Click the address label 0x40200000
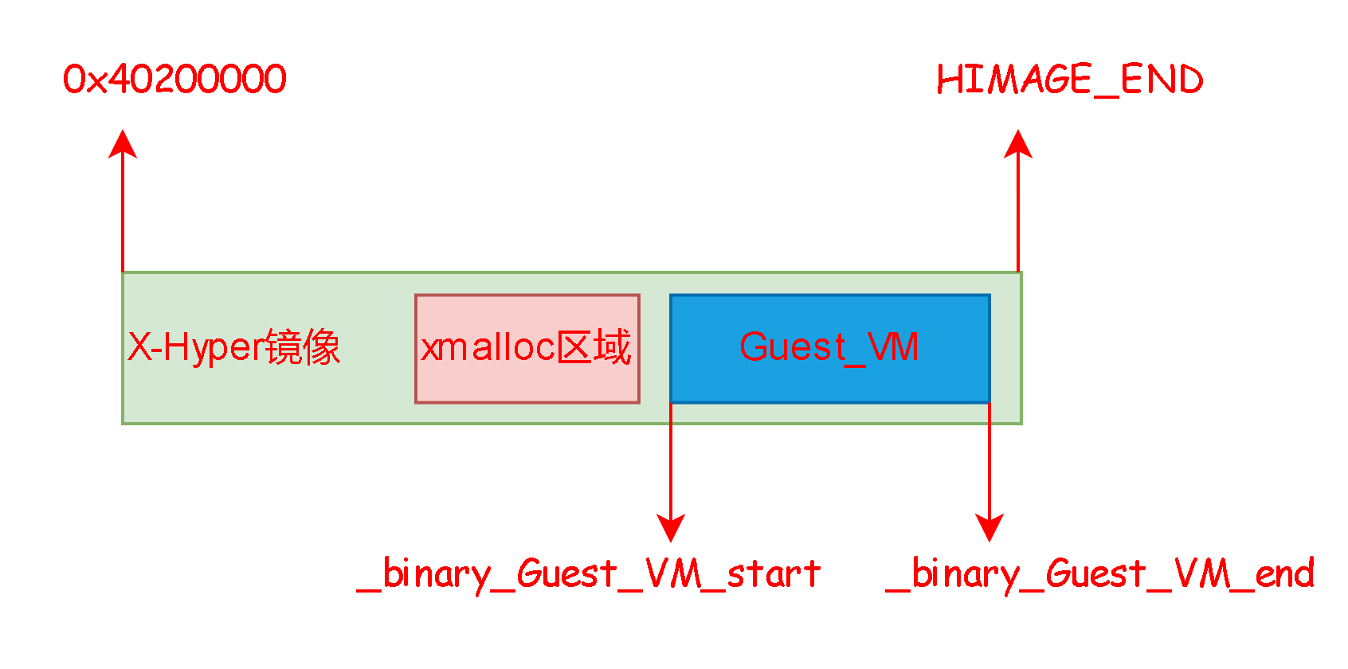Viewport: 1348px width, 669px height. (174, 80)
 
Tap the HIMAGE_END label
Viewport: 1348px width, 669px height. (1069, 80)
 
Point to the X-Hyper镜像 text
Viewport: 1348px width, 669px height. (233, 347)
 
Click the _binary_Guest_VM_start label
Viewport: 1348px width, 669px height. (589, 574)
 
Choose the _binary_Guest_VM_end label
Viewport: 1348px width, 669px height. (1100, 574)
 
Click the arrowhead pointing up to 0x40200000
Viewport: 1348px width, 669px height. (123, 144)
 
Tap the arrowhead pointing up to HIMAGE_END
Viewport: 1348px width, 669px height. (1018, 144)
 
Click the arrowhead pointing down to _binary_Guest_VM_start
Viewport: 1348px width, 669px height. (671, 527)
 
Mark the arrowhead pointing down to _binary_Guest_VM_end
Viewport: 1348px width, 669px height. (989, 527)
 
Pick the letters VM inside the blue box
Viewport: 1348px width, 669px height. (893, 347)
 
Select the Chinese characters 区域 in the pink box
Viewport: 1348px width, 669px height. (594, 347)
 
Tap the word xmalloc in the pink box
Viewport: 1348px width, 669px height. (488, 347)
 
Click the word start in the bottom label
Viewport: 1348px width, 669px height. (774, 574)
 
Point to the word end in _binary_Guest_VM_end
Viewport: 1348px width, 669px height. (1284, 574)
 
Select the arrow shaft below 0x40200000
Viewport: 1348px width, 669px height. (123, 215)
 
